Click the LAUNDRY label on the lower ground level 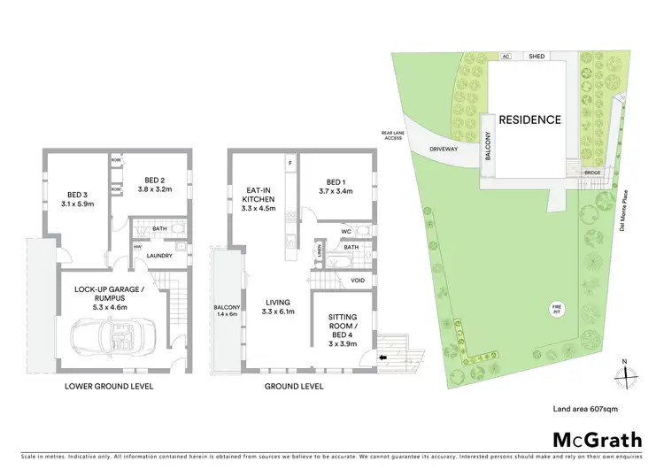pos(160,257)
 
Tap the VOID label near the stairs pos(357,281)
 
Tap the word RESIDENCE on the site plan pos(529,119)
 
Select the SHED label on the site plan pos(536,55)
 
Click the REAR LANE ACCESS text pos(392,135)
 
